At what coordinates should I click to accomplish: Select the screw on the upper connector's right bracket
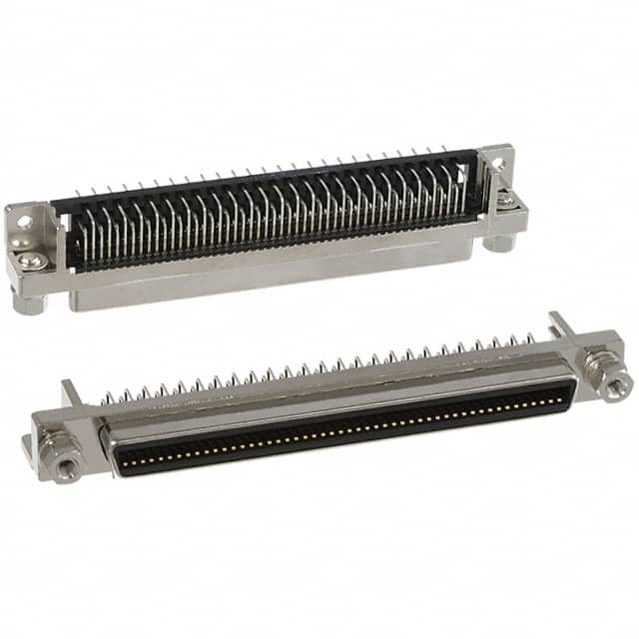(x=507, y=200)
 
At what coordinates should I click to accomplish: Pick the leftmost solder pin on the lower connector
(x=105, y=396)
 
